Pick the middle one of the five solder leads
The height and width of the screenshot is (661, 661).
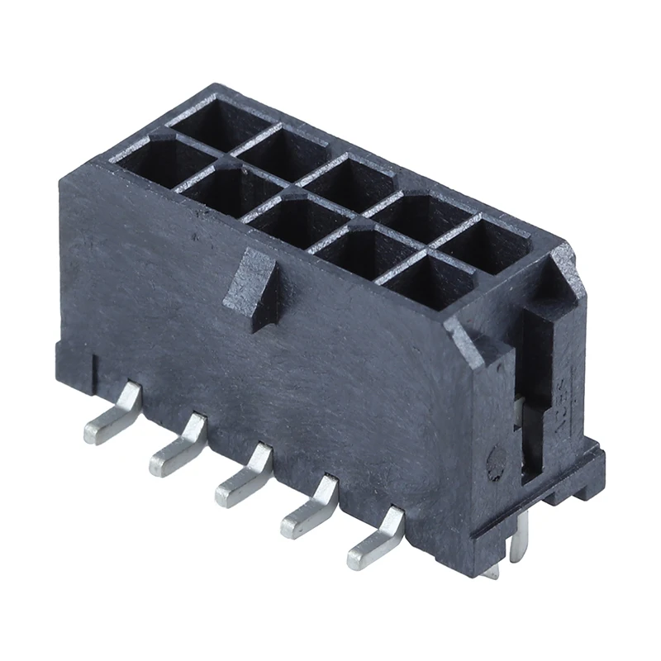tap(244, 480)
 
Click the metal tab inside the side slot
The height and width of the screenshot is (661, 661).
tap(522, 413)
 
